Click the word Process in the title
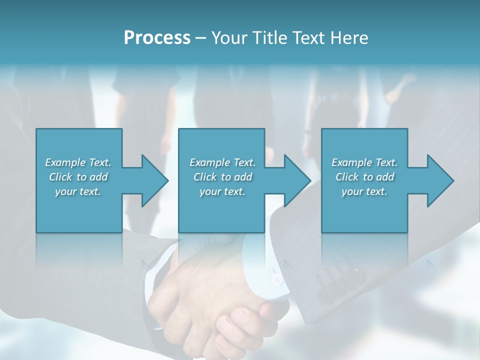[x=157, y=37]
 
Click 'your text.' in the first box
[x=78, y=191]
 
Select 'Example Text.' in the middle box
[x=222, y=162]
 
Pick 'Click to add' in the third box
[x=364, y=177]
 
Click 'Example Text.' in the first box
[x=78, y=162]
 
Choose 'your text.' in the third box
[x=364, y=191]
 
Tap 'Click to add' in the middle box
[x=222, y=177]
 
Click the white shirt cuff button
[x=276, y=279]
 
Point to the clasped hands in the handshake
[x=220, y=310]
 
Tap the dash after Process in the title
[x=201, y=37]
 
